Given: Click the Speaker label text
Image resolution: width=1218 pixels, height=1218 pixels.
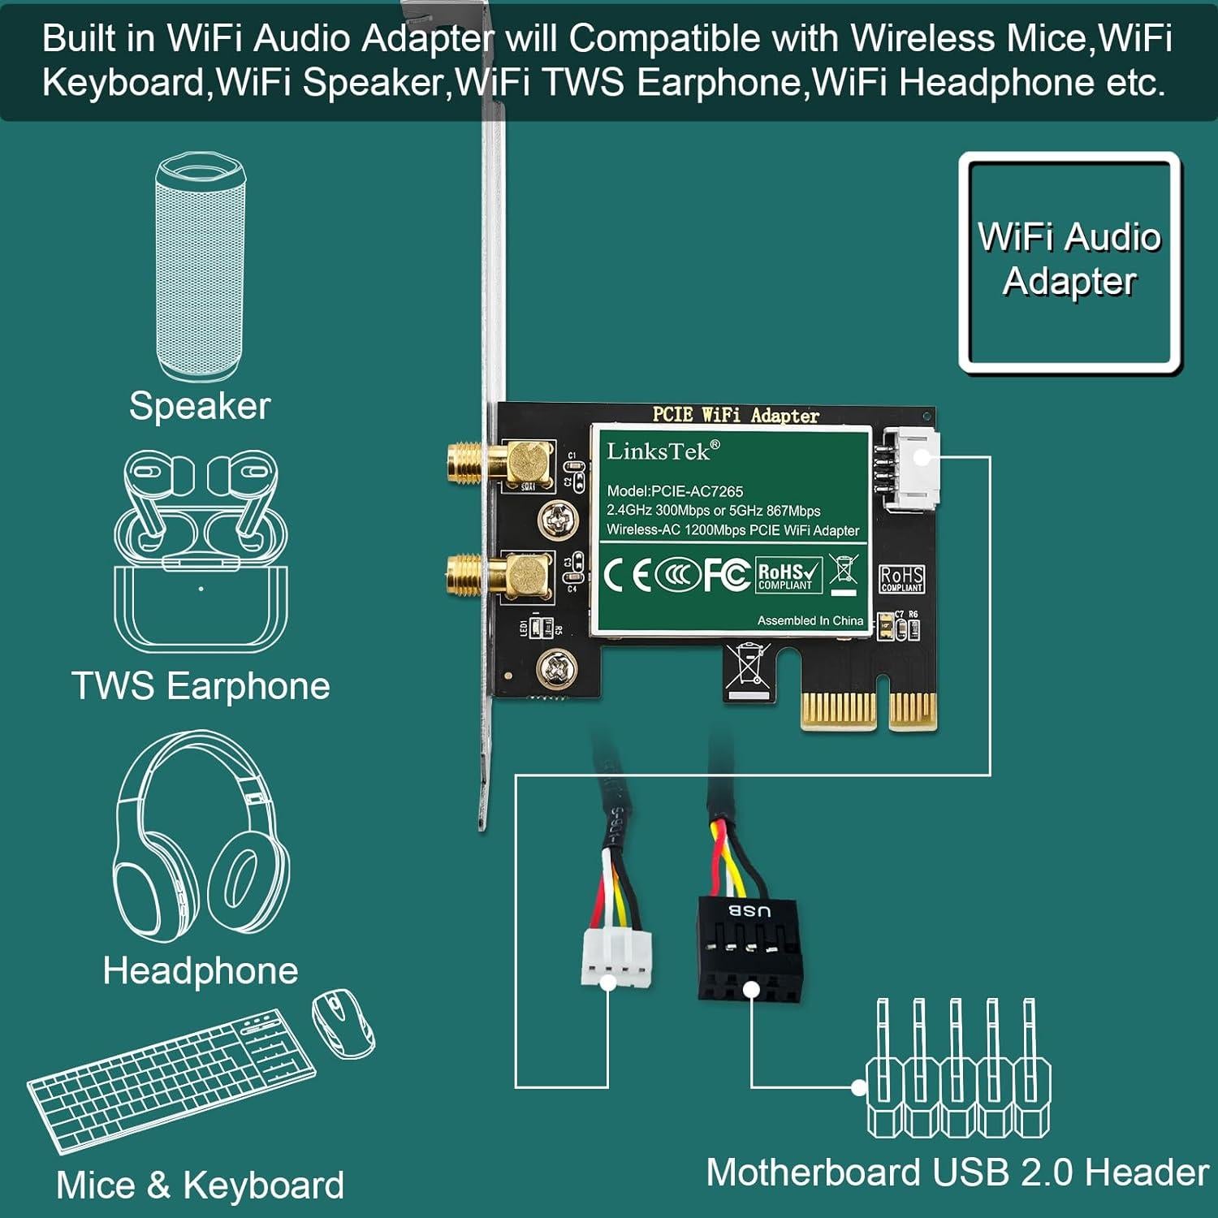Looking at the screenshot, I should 200,406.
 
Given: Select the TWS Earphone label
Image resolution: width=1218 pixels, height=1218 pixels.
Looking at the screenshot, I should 201,686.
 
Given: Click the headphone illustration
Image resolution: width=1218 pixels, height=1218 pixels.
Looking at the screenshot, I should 201,836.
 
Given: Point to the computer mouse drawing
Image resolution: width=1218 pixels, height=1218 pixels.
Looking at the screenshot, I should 343,1023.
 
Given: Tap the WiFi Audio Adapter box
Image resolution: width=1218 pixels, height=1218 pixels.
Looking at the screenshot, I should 1069,261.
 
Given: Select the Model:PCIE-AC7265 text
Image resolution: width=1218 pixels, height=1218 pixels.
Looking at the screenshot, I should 675,491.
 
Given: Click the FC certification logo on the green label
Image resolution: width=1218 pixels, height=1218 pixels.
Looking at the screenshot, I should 726,575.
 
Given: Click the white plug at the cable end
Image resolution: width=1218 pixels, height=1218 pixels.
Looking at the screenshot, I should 616,958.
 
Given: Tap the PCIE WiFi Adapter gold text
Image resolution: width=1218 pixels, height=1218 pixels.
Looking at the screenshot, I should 736,415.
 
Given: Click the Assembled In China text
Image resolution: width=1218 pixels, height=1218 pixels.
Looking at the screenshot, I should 810,620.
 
